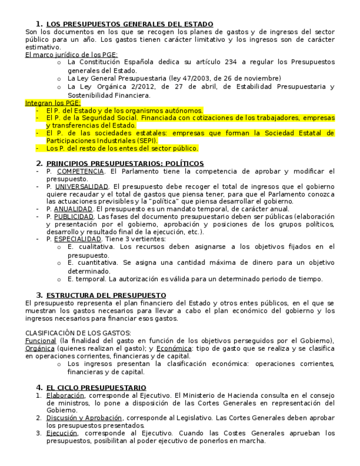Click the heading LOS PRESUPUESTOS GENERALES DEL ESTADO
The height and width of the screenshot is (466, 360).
pos(130,24)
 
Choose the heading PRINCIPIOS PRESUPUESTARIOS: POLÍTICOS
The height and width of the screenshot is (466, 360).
pos(125,164)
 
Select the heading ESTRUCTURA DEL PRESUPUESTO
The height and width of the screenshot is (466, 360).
pos(106,296)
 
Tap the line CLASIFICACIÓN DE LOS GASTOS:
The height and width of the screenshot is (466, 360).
pos(78,333)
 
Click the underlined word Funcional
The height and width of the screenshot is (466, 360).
pos(41,341)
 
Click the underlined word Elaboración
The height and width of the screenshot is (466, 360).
pos(65,396)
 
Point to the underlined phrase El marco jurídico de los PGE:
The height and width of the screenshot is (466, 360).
pos(71,55)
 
